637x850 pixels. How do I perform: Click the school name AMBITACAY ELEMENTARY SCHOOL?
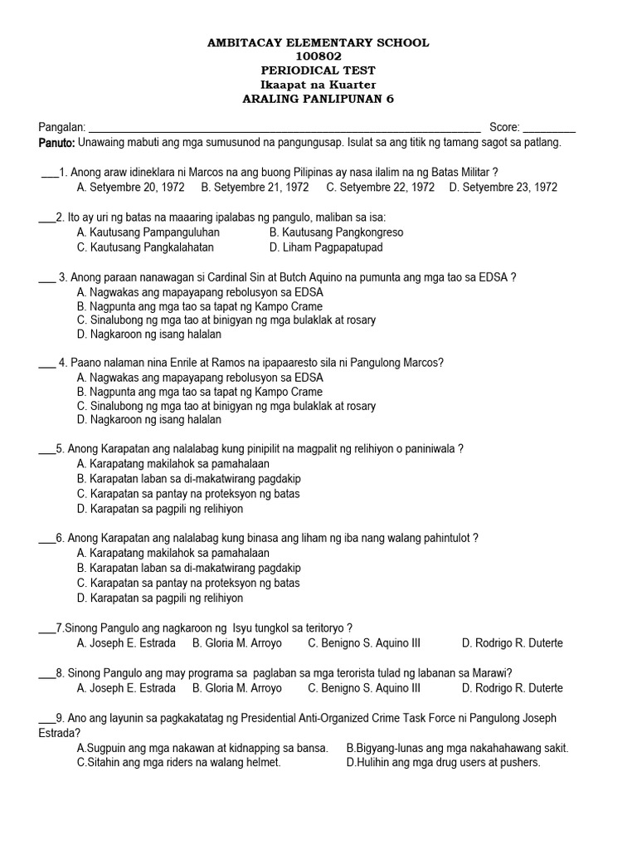pyautogui.click(x=318, y=42)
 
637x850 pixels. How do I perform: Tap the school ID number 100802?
pyautogui.click(x=318, y=56)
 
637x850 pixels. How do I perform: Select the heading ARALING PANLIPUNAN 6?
pyautogui.click(x=318, y=99)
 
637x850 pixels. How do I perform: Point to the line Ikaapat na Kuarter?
pyautogui.click(x=318, y=85)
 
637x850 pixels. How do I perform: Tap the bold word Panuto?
pyautogui.click(x=56, y=143)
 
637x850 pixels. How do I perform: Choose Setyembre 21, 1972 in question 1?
pyautogui.click(x=255, y=188)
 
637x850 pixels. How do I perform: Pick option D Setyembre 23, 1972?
pyautogui.click(x=503, y=188)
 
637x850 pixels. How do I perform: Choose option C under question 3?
pyautogui.click(x=226, y=320)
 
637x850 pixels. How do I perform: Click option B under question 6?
pyautogui.click(x=188, y=569)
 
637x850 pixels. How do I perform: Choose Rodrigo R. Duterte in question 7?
pyautogui.click(x=512, y=643)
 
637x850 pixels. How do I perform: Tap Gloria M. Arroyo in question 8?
pyautogui.click(x=237, y=688)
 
